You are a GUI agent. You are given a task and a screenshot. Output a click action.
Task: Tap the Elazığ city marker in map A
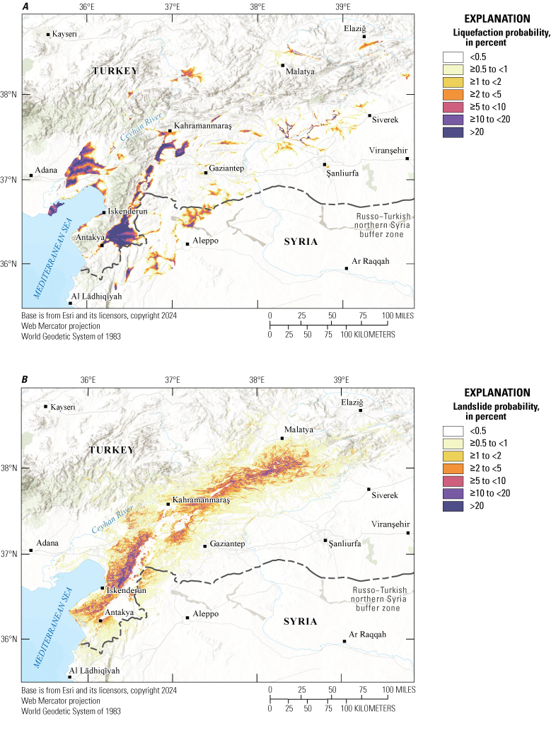[x=364, y=37]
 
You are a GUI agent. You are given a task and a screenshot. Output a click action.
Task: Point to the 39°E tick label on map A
[x=342, y=7]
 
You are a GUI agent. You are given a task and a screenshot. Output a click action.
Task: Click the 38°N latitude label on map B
[x=10, y=468]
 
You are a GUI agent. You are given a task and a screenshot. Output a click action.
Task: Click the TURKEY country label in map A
[x=113, y=71]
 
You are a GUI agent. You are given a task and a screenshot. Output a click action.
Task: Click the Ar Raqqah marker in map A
[x=347, y=268]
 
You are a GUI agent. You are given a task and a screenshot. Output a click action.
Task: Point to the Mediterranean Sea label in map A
[x=50, y=272]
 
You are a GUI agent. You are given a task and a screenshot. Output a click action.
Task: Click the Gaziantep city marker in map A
[x=206, y=173]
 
